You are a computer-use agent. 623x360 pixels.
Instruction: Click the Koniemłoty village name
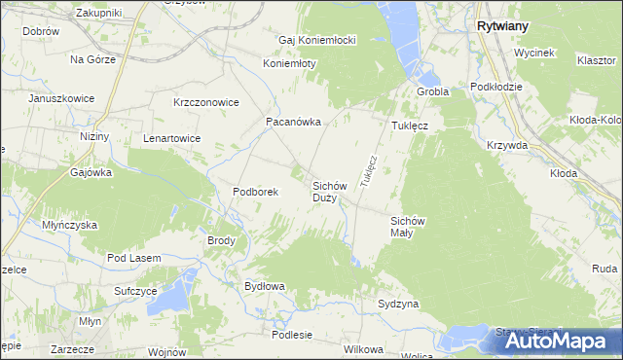[290, 63]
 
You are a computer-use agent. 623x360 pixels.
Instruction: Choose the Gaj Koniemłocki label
[317, 40]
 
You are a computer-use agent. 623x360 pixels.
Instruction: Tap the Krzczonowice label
[206, 101]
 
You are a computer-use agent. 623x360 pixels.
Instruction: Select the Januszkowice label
[65, 99]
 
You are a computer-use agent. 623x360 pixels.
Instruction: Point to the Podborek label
[256, 192]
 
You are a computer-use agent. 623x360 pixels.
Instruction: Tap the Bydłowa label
[264, 286]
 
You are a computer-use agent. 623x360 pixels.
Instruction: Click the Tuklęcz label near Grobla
[411, 126]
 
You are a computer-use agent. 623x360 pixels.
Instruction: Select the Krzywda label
[508, 145]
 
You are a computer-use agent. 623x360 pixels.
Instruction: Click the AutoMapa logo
[555, 340]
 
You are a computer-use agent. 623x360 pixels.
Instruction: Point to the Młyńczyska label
[69, 224]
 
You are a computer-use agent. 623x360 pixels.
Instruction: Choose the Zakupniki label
[98, 13]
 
